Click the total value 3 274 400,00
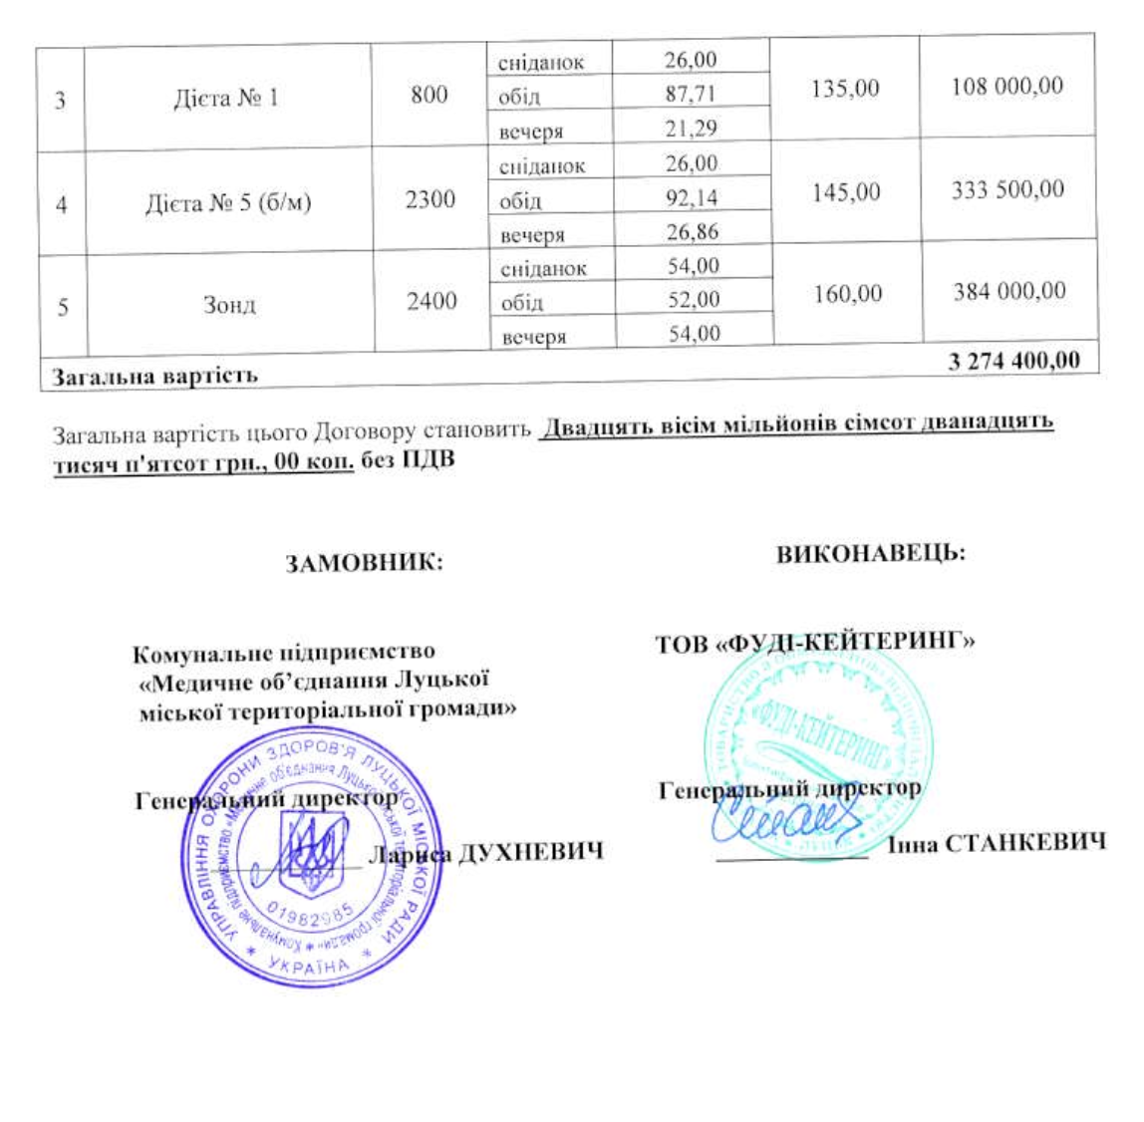(x=1013, y=361)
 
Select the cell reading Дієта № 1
(x=226, y=98)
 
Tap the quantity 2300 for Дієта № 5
(x=430, y=199)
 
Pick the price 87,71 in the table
(x=691, y=94)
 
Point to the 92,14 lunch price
(x=692, y=197)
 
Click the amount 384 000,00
(x=1008, y=292)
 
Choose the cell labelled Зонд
(x=229, y=304)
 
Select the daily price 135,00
(x=845, y=89)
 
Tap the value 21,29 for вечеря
(x=692, y=128)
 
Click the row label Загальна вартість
(x=154, y=377)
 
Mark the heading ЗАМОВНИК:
(x=364, y=563)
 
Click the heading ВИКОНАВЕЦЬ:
(x=870, y=554)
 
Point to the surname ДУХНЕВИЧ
(x=530, y=853)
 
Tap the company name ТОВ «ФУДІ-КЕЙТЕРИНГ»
(x=814, y=643)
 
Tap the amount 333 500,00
(x=1006, y=189)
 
